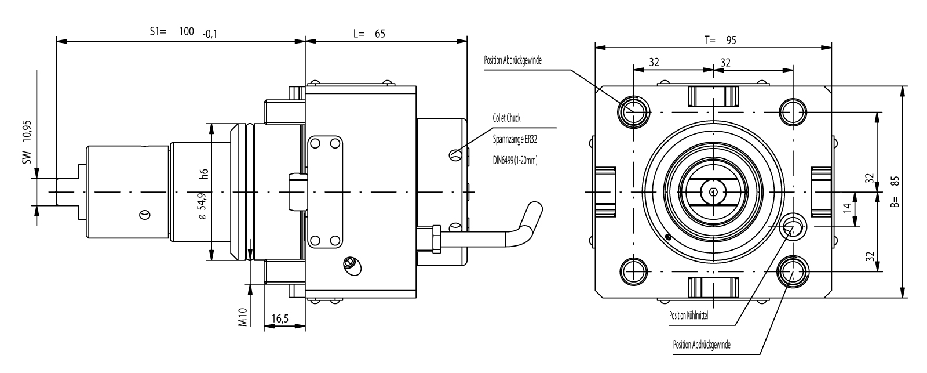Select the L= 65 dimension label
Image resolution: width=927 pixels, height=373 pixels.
coord(369,34)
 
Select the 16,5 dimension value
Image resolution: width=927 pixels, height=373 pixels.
coord(280,319)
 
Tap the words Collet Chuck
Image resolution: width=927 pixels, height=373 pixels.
coord(506,118)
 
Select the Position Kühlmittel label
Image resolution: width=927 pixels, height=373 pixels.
coord(689,316)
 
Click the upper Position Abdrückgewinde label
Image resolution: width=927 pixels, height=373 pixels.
coord(512,60)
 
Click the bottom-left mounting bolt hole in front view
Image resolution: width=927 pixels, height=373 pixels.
coord(633,270)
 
